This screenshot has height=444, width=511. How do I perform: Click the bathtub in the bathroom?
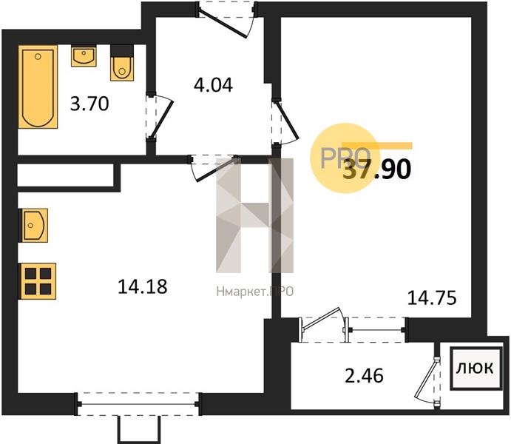coord(38,87)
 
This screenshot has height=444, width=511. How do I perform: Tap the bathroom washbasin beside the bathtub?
coord(84,55)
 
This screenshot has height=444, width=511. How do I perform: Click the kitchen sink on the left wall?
coord(33,225)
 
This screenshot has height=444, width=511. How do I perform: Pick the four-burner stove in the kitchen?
coord(38,281)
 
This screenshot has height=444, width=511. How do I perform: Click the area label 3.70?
coord(89,104)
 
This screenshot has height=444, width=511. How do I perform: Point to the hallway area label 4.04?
coord(213,85)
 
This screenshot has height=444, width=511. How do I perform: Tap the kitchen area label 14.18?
coord(143,287)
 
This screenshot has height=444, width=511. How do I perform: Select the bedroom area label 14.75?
coord(432,298)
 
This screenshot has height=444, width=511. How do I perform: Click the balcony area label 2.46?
coord(364,375)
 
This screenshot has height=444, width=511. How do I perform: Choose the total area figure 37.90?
coord(377,170)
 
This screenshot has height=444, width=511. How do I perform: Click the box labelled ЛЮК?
coord(476,369)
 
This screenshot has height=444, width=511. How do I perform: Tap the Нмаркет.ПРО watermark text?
coord(255,292)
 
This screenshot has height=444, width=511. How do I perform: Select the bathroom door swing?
coord(159,118)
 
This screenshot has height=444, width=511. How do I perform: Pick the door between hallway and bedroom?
coord(284,122)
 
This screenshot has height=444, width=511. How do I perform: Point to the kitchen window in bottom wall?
coord(138,404)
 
